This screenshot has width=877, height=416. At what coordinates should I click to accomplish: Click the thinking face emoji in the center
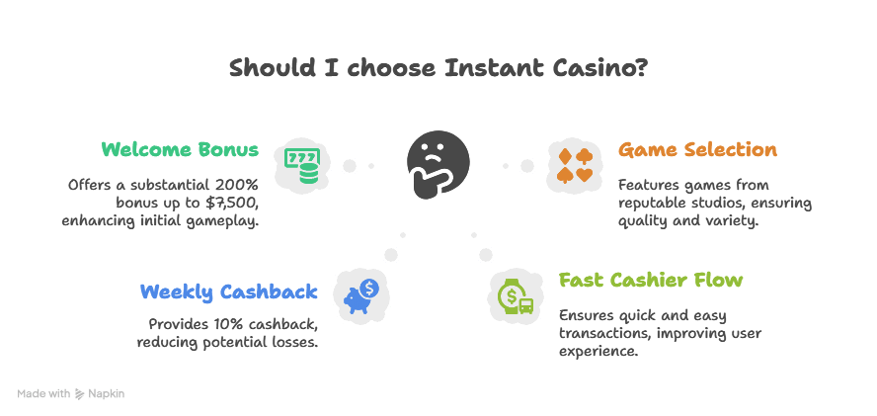438,165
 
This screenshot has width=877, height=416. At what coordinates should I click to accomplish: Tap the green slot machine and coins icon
300,166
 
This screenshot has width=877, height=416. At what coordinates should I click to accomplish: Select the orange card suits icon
575,166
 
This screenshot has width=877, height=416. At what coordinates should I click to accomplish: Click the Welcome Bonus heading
180,150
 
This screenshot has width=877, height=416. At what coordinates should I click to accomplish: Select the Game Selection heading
697,150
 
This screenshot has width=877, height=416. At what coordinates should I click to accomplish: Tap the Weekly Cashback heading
229,291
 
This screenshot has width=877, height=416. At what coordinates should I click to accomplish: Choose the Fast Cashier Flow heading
651,280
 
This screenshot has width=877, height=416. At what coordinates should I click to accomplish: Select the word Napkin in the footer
107,394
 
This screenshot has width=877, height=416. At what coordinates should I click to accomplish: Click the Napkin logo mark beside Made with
79,394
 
